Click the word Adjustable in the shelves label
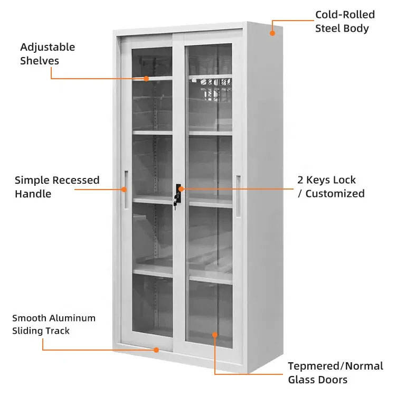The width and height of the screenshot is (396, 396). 48,48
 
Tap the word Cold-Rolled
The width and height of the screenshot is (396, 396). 345,15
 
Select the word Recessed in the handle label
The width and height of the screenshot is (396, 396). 76,180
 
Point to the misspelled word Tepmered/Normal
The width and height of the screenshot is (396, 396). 336,366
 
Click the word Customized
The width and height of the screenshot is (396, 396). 335,194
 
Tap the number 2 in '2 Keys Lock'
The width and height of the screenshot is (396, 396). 300,180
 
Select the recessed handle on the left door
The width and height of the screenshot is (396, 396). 126,190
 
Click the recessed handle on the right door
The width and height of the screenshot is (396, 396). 238,195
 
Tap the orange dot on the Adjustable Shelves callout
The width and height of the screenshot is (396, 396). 146,79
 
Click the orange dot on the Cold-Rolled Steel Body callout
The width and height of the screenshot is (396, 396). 272,33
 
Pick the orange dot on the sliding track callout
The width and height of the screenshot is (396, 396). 156,350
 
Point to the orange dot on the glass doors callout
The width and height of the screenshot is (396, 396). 215,335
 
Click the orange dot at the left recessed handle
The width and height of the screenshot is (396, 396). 124,190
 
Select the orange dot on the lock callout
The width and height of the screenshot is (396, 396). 181,188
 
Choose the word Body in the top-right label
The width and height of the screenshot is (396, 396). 356,29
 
